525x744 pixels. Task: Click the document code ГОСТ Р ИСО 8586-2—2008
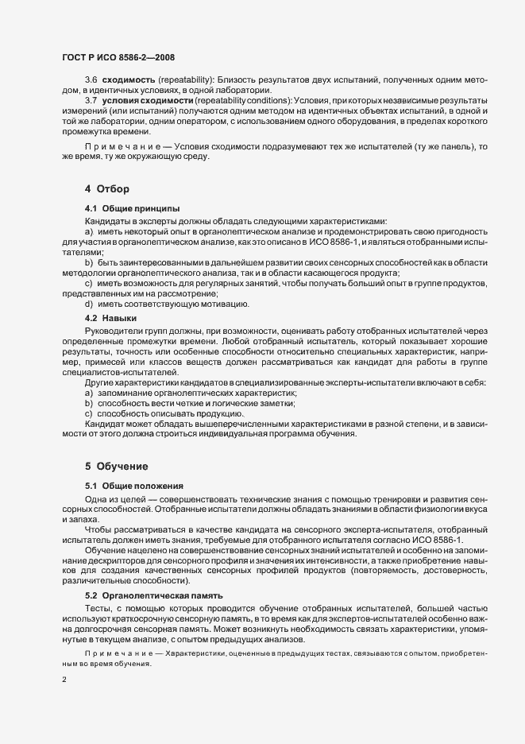pyautogui.click(x=118, y=56)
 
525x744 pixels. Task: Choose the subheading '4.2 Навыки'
pyautogui.click(x=112, y=318)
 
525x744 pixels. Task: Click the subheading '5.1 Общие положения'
pyautogui.click(x=134, y=485)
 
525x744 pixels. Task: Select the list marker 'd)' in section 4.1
pyautogui.click(x=89, y=304)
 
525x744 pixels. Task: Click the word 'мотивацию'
pyautogui.click(x=228, y=304)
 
